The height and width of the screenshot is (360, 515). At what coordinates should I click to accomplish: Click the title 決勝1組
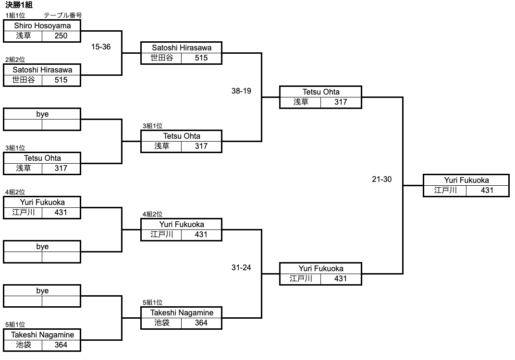18,5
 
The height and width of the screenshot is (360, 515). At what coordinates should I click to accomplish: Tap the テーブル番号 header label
62,15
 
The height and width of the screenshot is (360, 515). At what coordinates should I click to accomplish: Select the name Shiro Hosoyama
42,25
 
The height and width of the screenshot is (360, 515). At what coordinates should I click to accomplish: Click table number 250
61,36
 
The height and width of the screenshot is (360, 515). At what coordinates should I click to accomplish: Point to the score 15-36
101,47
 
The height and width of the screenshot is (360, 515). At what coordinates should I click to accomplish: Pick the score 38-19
241,91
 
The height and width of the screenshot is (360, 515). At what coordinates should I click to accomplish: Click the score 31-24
241,267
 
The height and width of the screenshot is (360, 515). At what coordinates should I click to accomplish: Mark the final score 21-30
382,179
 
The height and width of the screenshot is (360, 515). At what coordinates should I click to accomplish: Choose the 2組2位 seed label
15,60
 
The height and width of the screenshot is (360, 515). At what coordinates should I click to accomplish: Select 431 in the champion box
487,190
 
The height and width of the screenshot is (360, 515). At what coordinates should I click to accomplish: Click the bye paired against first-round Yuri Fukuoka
42,247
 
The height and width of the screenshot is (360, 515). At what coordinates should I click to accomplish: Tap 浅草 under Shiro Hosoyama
23,36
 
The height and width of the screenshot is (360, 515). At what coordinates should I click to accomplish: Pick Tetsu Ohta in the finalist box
321,92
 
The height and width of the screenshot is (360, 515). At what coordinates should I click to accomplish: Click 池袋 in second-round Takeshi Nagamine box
162,323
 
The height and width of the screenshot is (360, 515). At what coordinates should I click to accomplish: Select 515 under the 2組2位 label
61,80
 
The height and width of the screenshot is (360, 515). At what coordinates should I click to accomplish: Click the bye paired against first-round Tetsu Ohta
42,114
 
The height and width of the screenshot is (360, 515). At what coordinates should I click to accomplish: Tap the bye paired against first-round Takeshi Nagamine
42,291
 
